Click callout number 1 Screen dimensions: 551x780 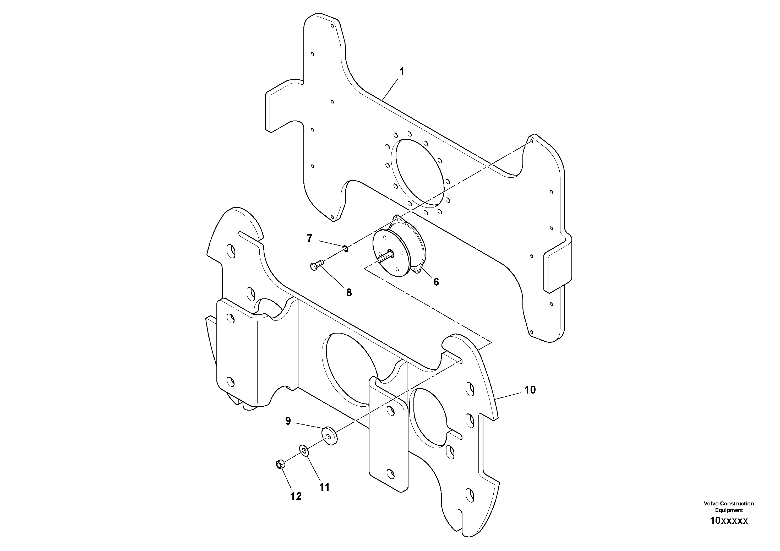(402, 72)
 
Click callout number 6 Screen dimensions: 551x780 (436, 282)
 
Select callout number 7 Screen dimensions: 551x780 (309, 238)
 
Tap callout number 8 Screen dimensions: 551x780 (349, 292)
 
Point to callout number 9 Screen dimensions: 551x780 (288, 421)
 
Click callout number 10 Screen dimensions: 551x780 (530, 390)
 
